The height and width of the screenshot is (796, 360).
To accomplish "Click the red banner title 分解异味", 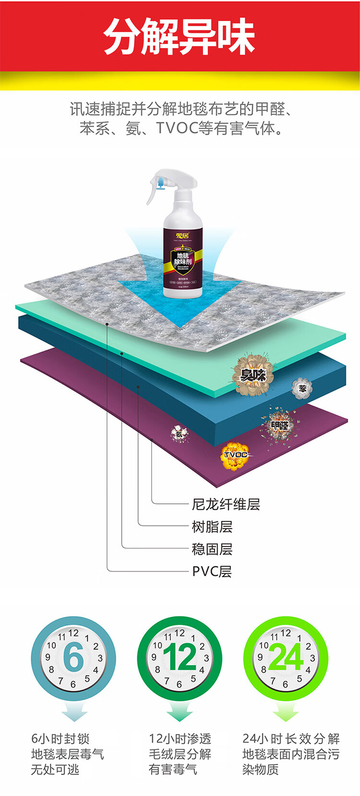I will pos(179,36).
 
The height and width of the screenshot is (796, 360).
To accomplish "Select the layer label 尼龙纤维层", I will pos(226,504).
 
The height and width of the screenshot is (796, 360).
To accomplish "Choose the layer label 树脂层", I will pos(212,527).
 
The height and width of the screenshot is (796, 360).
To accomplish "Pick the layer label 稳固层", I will pos(212,549).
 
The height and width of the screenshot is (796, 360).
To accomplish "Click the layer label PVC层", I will pos(212,571).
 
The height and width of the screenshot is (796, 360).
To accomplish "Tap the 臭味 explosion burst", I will pos(253,375).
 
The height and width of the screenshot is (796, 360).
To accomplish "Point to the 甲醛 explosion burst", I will pos(280,425).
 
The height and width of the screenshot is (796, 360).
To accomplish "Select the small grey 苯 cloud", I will pos(302,388).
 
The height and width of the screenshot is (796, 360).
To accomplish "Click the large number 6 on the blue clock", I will pos(73,658).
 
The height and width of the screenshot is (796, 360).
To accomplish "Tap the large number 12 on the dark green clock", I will pos(180,658).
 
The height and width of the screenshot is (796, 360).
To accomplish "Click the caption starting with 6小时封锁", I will pos(67,754).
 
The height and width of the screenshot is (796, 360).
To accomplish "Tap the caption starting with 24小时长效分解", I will pos(291,754).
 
